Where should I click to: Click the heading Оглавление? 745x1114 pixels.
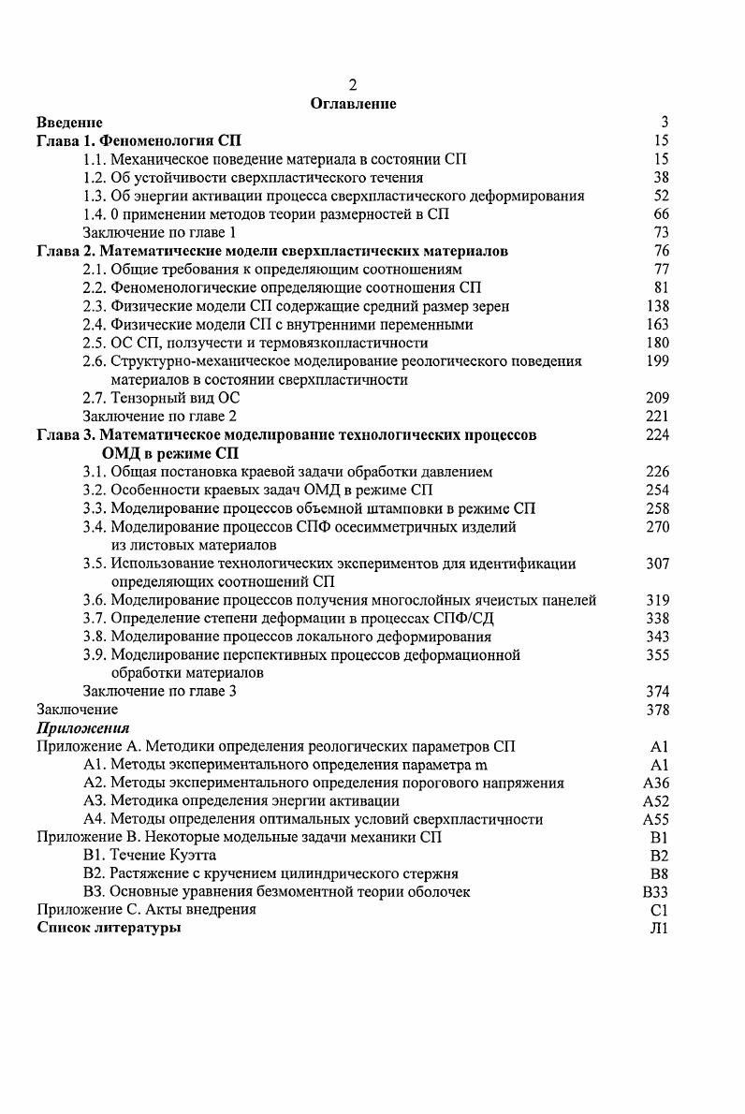tap(353, 104)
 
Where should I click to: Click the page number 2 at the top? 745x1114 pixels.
tap(353, 85)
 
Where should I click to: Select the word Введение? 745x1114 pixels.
tap(69, 122)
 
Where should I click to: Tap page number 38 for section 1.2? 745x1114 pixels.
tap(661, 177)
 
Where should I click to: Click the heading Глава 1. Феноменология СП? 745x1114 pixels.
tap(139, 140)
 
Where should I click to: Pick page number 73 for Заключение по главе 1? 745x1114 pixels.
tap(661, 232)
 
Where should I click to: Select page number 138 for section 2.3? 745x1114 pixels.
tap(657, 306)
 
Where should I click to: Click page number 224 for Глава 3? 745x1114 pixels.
tap(657, 434)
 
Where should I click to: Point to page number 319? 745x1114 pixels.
tap(657, 600)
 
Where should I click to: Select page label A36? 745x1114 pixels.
tap(656, 784)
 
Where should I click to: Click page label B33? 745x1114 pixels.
tap(655, 892)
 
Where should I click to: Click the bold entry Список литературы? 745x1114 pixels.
tap(109, 929)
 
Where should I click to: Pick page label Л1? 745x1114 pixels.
tap(660, 929)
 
